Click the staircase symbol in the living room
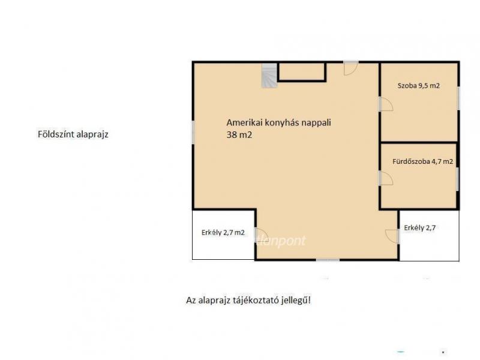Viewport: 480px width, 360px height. pos(269,76)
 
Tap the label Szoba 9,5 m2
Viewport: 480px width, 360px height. pos(418,86)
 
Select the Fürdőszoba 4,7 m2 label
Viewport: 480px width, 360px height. pos(422,161)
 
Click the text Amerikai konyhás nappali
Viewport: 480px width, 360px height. pos(278,123)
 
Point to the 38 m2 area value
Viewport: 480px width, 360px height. pos(239,135)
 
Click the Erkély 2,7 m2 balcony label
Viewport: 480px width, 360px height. pos(223,233)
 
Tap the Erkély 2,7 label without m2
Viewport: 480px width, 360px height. pos(419,228)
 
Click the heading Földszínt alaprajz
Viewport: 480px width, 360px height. pos(73,134)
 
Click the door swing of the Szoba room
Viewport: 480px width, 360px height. pos(386,104)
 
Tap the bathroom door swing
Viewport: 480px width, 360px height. pos(386,178)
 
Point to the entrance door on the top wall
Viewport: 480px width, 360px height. pos(351,68)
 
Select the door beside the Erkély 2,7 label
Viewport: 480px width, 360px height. pos(392,236)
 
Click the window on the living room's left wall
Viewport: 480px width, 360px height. pos(193,132)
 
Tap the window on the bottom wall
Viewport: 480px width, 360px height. pos(328,260)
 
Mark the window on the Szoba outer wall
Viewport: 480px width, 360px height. pos(458,98)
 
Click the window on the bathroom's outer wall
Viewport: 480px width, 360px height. pos(458,179)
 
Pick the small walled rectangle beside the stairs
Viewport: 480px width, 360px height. pos(302,72)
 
